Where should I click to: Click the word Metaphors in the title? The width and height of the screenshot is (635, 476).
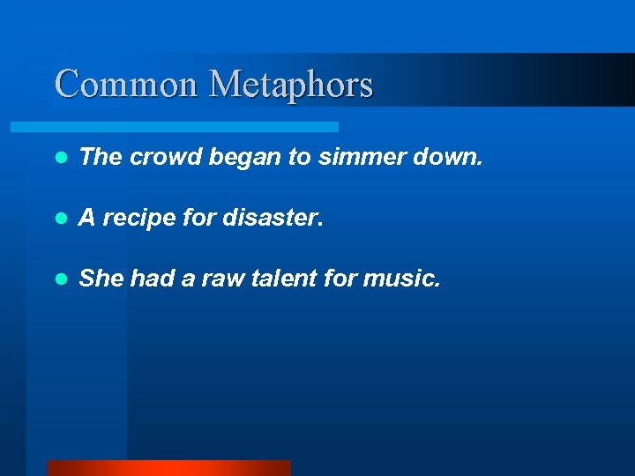tap(291, 86)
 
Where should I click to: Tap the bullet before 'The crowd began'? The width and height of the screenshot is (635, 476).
tap(60, 158)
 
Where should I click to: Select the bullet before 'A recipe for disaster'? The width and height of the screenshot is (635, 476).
tap(60, 219)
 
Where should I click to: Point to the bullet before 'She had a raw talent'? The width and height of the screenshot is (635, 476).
tap(60, 279)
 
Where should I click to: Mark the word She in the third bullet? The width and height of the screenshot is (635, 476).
tap(101, 279)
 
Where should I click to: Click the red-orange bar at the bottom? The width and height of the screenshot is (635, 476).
tap(168, 468)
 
